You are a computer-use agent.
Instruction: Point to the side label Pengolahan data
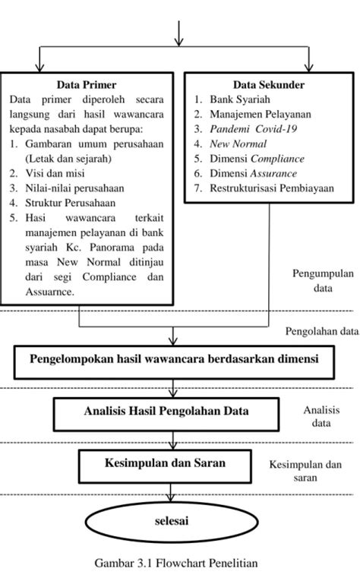coord(321,330)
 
